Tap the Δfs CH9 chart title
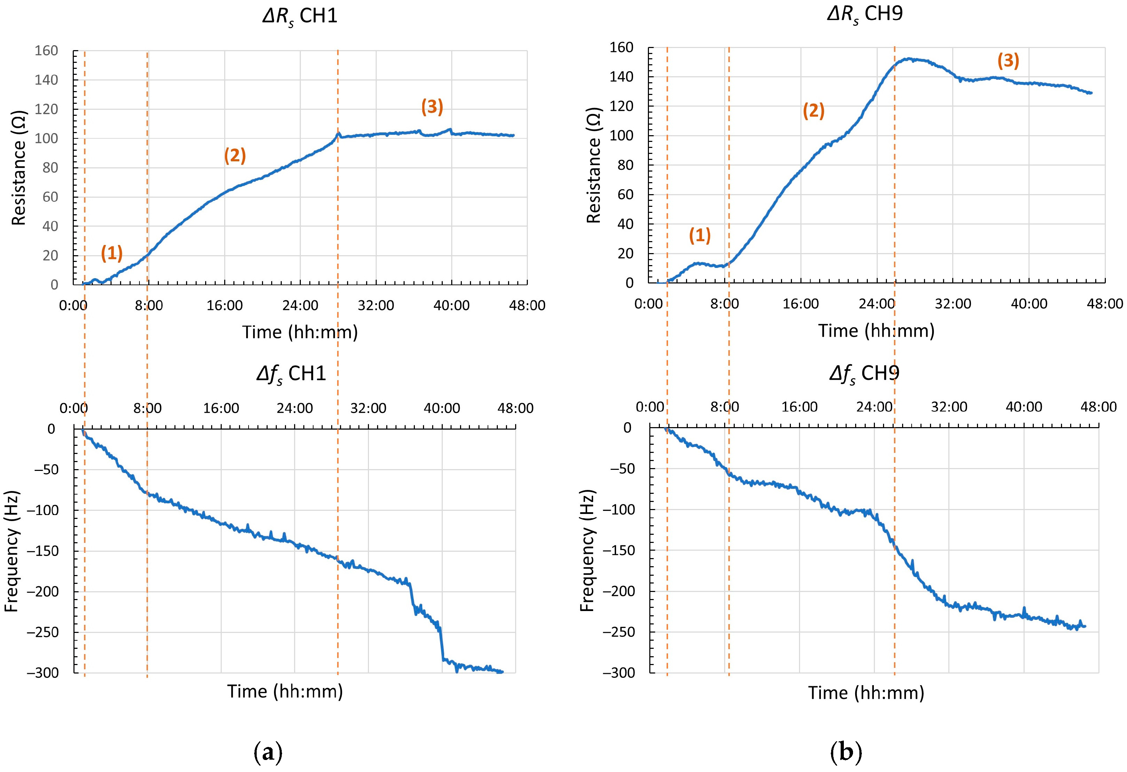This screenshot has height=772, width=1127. click(x=864, y=374)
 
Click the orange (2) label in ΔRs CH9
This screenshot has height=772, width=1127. click(x=813, y=111)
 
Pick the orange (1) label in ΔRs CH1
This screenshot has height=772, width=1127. click(x=112, y=253)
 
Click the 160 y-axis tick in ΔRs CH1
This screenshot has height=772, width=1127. click(x=46, y=51)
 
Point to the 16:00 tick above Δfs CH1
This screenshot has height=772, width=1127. click(x=221, y=408)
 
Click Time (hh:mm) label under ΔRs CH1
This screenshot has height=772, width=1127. click(x=300, y=333)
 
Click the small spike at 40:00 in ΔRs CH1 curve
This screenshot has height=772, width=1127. click(x=450, y=130)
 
